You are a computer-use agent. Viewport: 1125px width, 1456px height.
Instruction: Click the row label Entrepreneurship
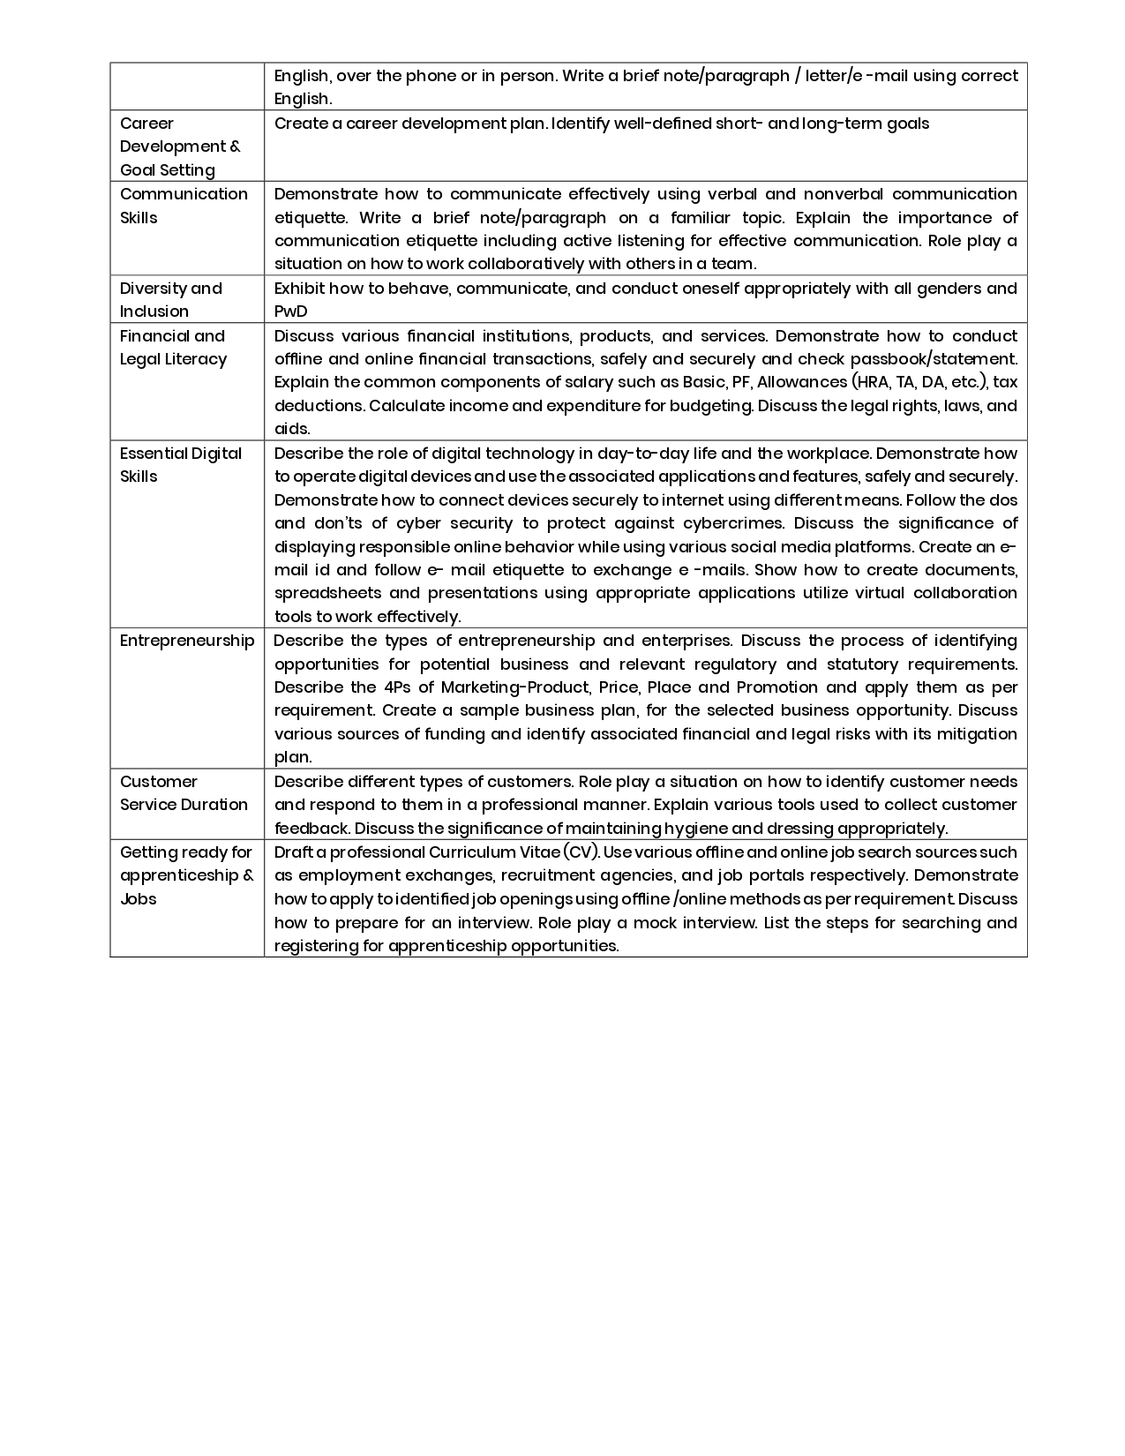click(187, 641)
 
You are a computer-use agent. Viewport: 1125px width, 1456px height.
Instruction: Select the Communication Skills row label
click(184, 206)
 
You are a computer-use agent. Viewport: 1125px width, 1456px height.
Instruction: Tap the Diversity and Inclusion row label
click(171, 299)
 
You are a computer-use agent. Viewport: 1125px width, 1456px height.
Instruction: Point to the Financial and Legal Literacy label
click(173, 347)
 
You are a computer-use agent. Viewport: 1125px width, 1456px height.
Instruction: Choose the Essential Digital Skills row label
click(180, 464)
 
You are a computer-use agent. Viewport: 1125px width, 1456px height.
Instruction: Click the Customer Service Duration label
click(184, 792)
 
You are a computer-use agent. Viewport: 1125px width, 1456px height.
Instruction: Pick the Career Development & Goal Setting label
click(180, 146)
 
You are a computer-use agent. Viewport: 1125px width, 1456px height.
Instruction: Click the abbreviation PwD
click(290, 311)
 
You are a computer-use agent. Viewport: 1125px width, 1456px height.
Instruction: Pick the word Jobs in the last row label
click(138, 899)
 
